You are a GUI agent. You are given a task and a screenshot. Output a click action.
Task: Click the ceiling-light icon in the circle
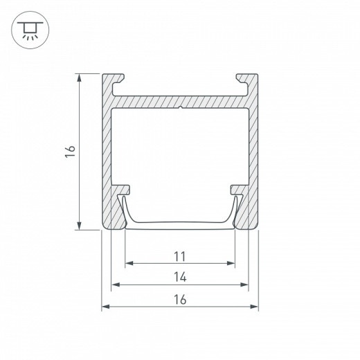tap(30, 30)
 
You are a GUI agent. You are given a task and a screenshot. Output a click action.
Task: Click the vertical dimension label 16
tap(70, 151)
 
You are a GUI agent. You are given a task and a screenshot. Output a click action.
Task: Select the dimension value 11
tap(179, 256)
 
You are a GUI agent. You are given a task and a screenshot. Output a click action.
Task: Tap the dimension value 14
tap(180, 277)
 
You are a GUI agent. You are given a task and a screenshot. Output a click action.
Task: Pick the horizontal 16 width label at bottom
tap(180, 299)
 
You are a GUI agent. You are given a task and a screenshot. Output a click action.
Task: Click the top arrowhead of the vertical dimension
tap(79, 78)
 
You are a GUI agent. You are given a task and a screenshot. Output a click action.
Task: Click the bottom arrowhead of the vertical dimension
tap(79, 226)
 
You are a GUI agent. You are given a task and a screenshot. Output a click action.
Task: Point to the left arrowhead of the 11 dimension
tap(129, 263)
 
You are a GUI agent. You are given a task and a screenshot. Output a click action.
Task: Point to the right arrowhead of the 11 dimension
tap(231, 263)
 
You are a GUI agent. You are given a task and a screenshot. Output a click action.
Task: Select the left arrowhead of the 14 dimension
tap(116, 285)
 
